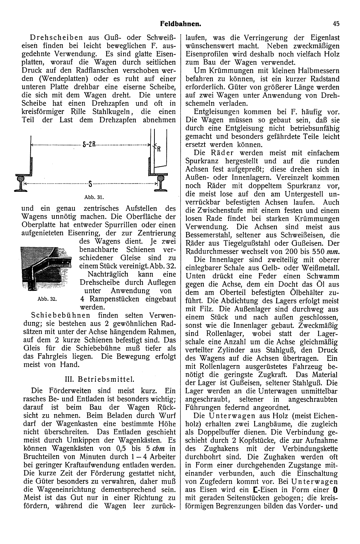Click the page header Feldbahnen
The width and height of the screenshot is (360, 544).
click(180, 24)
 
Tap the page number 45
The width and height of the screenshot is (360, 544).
click(336, 24)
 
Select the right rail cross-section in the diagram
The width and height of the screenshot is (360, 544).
click(159, 183)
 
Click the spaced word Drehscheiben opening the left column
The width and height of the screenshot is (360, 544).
click(54, 37)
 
